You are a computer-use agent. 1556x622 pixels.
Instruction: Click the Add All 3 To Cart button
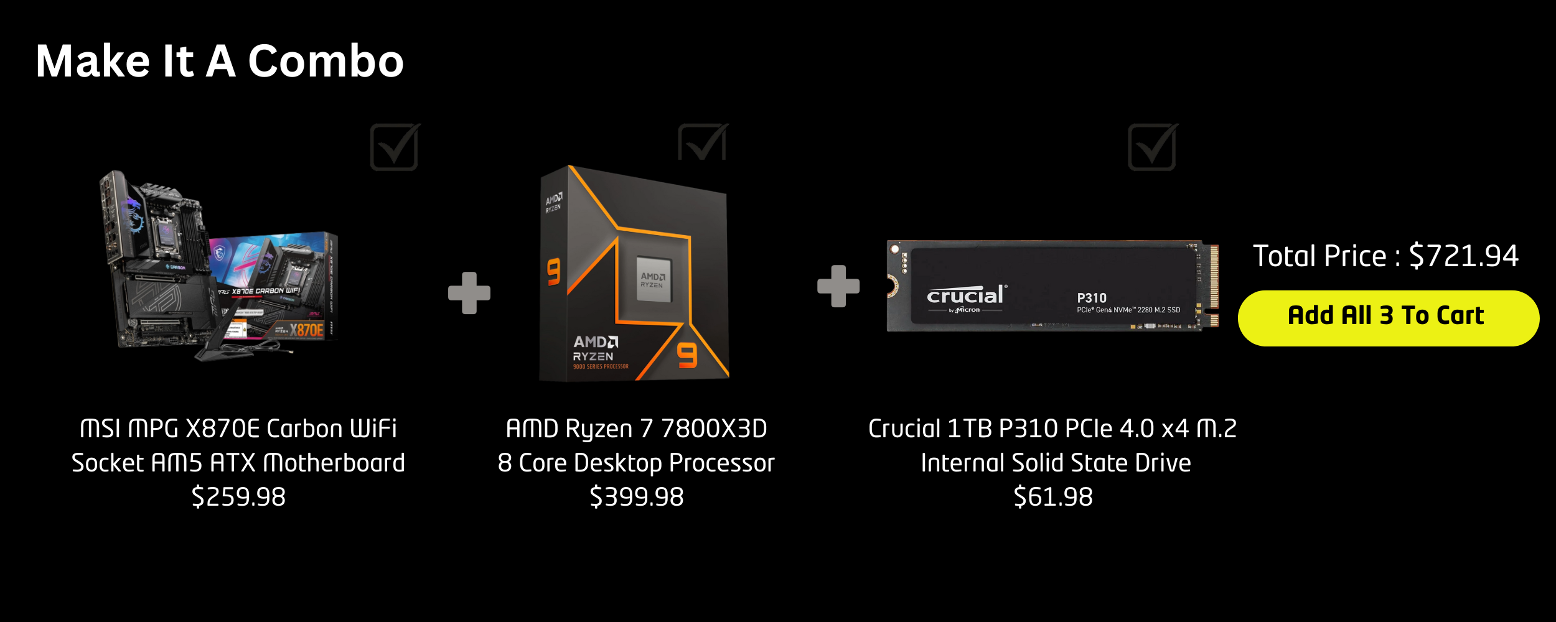click(1388, 318)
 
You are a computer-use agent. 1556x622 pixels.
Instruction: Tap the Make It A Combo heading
click(220, 62)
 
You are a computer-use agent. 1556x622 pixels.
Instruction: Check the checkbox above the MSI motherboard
click(394, 147)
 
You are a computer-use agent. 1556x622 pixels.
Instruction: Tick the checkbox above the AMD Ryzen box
click(702, 143)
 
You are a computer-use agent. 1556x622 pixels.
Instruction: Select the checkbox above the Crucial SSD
click(1152, 147)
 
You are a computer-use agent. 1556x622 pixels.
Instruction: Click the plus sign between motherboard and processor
click(469, 292)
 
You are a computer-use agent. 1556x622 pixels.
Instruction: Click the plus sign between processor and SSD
click(838, 286)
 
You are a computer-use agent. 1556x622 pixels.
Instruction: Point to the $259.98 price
click(238, 497)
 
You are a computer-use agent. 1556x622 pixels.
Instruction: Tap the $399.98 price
click(636, 497)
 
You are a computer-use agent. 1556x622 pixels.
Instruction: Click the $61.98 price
click(1053, 497)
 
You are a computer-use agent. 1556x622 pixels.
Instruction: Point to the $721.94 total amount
click(1463, 256)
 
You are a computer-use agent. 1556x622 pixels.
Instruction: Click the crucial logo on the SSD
click(965, 295)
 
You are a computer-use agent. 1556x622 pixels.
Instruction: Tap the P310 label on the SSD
click(1092, 298)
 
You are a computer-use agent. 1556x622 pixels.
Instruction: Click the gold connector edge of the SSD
click(1213, 285)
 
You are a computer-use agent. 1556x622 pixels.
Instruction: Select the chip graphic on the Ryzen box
click(653, 279)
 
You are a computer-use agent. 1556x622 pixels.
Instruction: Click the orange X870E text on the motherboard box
click(307, 330)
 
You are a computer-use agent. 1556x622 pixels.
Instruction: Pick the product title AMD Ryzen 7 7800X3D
click(636, 429)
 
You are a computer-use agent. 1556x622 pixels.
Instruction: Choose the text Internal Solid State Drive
click(1056, 463)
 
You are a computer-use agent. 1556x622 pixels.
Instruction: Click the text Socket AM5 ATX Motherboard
click(238, 463)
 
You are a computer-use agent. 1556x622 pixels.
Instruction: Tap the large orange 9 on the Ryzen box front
click(687, 356)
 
